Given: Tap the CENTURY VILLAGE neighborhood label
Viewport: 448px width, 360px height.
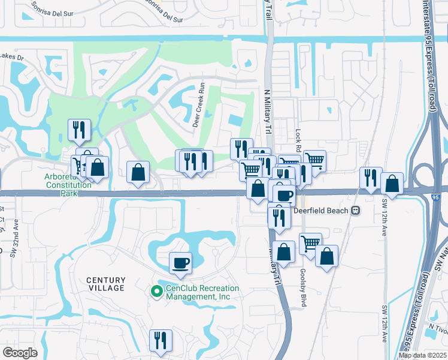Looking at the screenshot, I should point(106,284).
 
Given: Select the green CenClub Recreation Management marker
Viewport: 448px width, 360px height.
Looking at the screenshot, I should point(156,292).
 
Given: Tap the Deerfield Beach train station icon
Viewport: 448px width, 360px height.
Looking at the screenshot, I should point(355,211).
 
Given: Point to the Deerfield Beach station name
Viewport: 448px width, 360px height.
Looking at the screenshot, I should point(322,211).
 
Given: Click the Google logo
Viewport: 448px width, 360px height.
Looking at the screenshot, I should point(20,353).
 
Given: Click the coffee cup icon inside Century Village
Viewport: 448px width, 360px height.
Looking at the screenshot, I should point(181,262).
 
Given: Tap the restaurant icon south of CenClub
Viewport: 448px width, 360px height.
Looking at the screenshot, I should point(160,340).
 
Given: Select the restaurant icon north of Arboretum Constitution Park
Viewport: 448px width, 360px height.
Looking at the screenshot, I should point(79,128).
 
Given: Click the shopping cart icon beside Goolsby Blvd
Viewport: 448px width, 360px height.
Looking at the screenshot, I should point(310,243).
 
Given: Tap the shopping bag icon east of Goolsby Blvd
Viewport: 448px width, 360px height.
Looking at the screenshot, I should point(326,256).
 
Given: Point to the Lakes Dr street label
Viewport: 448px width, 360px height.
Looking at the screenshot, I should point(11,58).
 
